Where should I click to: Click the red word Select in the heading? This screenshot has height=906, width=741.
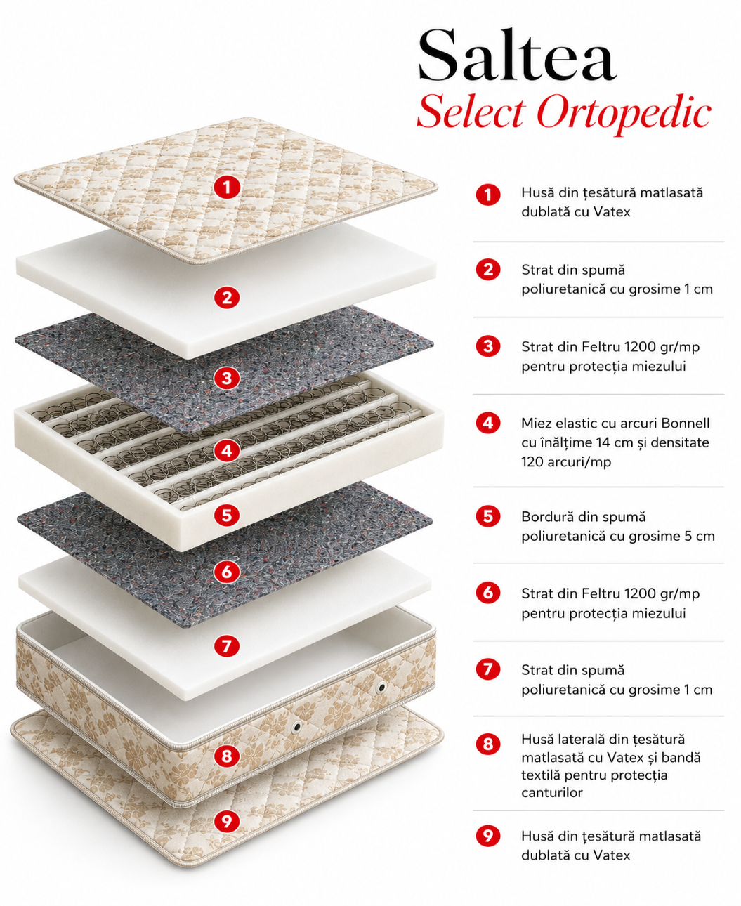coord(471,111)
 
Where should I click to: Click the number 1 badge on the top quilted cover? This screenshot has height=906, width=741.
coord(227,187)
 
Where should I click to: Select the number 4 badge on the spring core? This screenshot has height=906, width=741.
coord(227,451)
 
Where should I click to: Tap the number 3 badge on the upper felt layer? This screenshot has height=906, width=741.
coord(227,378)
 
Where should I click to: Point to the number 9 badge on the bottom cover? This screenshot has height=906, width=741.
coord(227,822)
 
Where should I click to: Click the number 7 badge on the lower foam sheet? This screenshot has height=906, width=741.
coord(227,645)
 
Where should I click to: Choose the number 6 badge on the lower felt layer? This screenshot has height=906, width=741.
coord(227,572)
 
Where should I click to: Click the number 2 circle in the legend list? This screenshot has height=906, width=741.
coord(488,270)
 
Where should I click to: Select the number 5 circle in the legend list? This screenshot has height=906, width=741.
coord(488,516)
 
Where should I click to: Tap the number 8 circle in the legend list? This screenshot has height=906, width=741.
coord(488,744)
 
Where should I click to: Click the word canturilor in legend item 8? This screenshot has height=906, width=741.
coord(551,792)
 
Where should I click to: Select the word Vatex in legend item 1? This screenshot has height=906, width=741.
coord(612,212)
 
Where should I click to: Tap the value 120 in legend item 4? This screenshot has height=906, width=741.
coord(532,462)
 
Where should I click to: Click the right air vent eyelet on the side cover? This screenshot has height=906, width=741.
coord(381,688)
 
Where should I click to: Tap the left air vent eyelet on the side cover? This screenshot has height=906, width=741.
coord(296,727)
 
